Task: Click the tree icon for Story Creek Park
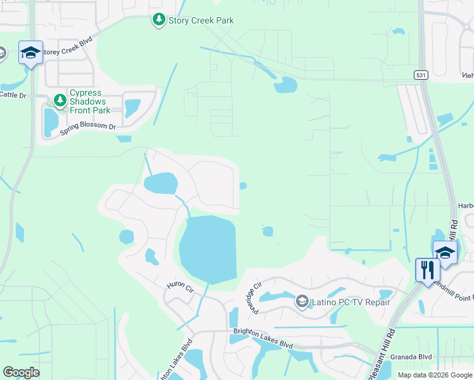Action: [x=158, y=20]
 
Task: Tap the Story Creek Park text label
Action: [x=201, y=20]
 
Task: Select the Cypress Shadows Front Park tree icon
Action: [x=60, y=100]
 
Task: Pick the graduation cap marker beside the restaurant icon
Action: [x=445, y=253]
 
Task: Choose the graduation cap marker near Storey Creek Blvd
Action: [x=30, y=53]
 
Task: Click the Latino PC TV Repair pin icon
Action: [x=302, y=301]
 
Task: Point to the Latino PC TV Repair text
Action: [x=350, y=302]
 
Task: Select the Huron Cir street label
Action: [x=180, y=286]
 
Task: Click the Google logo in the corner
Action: [x=22, y=372]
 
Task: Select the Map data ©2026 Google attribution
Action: [x=434, y=375]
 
